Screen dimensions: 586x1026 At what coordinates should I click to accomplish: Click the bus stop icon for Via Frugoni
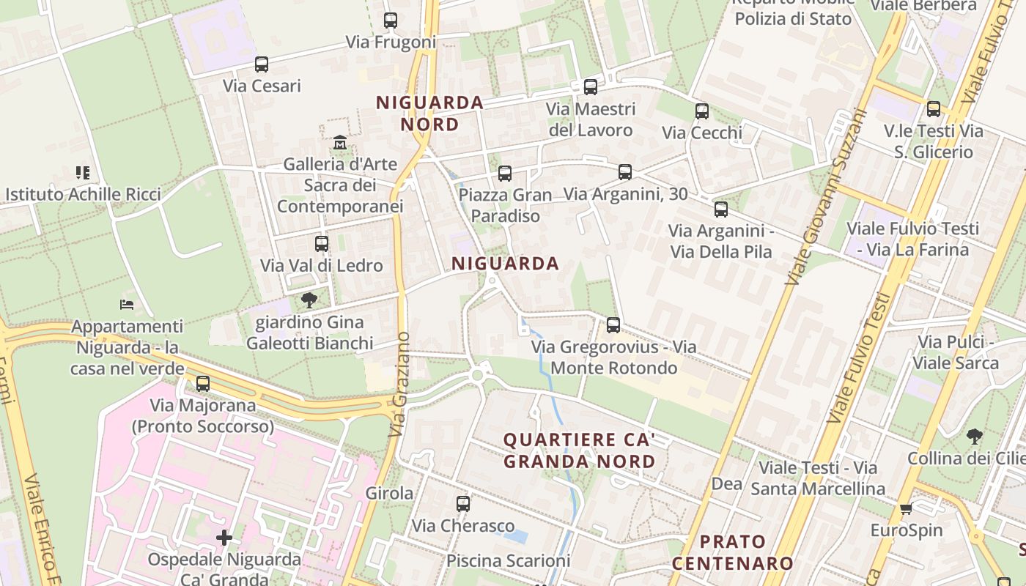point(391,21)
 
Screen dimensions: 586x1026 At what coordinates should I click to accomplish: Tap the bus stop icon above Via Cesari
point(262,64)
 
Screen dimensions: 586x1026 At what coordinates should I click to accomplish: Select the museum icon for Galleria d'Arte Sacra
point(339,142)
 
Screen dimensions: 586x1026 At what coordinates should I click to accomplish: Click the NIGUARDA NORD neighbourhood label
point(430,114)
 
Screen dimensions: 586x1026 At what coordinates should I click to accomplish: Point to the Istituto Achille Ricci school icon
point(83,173)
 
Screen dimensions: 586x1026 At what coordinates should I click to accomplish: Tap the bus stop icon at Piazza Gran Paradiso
point(505,174)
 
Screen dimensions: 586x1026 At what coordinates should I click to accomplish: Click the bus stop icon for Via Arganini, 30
point(625,172)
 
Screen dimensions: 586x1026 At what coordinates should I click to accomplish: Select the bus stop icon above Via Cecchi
point(702,111)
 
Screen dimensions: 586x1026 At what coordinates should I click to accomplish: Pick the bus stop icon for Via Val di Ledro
point(322,244)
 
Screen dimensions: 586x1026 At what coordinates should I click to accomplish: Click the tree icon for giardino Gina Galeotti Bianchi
point(309,300)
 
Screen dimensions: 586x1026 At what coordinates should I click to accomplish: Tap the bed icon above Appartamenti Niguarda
point(127,304)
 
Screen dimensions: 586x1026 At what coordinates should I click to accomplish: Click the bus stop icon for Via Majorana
point(203,383)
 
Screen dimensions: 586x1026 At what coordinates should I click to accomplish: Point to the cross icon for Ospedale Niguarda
point(224,538)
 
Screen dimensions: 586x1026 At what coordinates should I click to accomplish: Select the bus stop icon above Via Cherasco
point(463,504)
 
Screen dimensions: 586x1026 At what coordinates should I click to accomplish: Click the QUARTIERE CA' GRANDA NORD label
point(578,450)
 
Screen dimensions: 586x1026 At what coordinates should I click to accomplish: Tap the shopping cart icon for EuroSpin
point(906,509)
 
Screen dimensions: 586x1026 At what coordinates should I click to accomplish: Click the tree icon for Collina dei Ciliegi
point(975,437)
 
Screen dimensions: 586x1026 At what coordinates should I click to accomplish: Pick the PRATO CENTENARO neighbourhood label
point(732,552)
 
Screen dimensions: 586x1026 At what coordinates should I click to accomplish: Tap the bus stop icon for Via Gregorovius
point(613,324)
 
